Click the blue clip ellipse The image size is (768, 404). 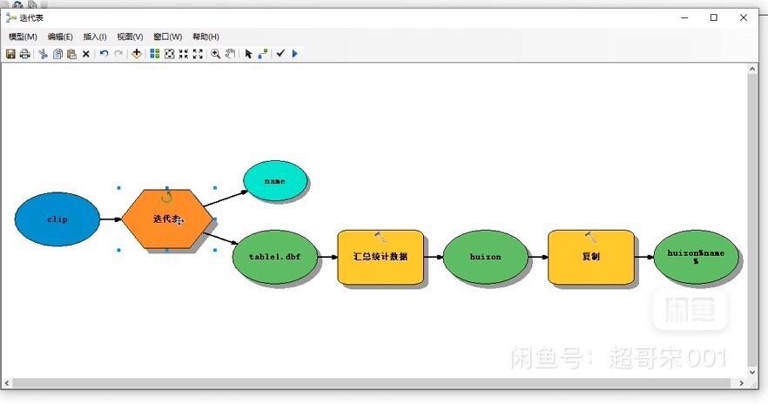pos(57,219)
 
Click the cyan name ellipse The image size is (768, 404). pos(275,181)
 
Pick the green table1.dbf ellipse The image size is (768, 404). pos(274,257)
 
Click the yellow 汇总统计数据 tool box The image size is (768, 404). pos(381,257)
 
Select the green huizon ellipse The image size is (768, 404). pos(485,257)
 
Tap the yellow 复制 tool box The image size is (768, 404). pos(590,257)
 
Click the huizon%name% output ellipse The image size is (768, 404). pos(696,257)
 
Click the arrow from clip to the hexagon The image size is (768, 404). pos(111,219)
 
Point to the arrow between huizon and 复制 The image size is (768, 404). pos(537,257)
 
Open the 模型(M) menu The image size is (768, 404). pos(23,37)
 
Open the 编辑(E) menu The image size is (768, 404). pos(60,37)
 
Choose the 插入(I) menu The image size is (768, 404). pos(95,37)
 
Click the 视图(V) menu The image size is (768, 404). pos(130,37)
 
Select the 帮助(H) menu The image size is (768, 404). pos(205,37)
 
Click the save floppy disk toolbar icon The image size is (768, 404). pos(10,54)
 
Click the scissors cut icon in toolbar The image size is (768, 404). pos(42,54)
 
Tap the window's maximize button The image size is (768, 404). pos(714,17)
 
